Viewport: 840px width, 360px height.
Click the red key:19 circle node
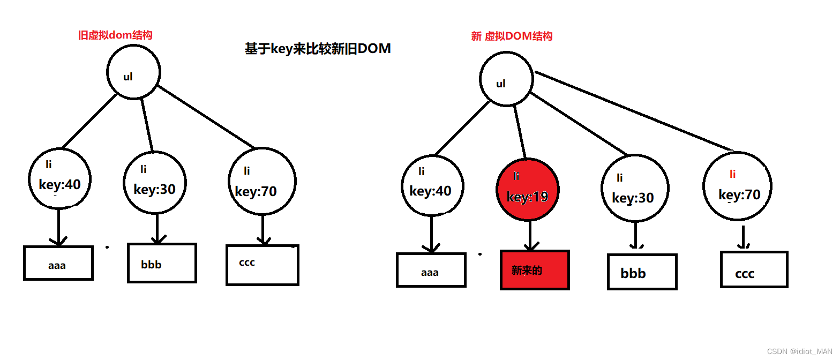tap(528, 189)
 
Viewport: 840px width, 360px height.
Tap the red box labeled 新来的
tap(535, 270)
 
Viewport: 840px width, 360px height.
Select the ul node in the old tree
tap(133, 74)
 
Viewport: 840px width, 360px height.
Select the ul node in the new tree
tap(506, 80)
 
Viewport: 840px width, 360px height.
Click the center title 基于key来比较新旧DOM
tap(318, 49)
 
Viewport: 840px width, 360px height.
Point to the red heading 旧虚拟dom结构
tap(115, 35)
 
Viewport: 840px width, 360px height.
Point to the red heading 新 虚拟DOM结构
tap(512, 36)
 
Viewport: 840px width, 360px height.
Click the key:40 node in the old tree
tap(59, 178)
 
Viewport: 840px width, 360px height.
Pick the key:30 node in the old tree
tap(155, 183)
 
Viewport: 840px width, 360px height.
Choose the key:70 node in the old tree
tap(262, 182)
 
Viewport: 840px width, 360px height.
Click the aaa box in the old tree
tap(58, 263)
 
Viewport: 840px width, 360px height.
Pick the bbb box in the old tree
tap(162, 263)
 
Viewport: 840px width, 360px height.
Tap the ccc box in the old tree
tap(262, 265)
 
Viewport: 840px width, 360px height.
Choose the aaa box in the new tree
tap(431, 271)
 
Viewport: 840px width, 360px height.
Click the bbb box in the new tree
tap(642, 272)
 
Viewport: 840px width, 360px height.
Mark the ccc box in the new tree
tap(754, 269)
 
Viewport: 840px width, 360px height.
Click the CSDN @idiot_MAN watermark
tap(799, 351)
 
